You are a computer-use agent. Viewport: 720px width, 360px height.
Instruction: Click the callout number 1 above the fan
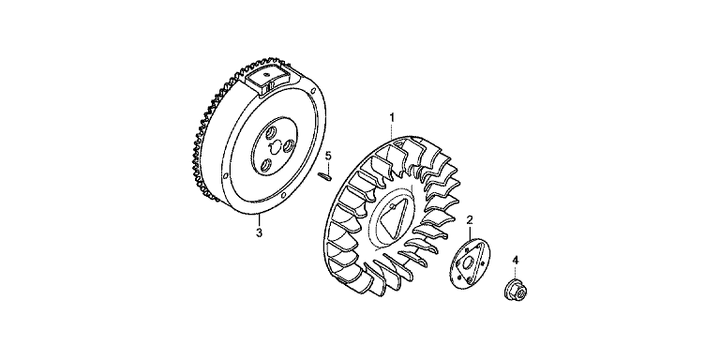coord(392,117)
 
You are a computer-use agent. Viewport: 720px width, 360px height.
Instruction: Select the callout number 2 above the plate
coord(470,220)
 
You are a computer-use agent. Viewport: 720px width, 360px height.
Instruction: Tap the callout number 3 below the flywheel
coord(260,232)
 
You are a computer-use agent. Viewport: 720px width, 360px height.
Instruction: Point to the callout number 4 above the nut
coord(516,261)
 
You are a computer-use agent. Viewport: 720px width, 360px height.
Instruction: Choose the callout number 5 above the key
coord(328,156)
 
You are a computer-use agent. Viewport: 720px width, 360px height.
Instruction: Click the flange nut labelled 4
coord(516,291)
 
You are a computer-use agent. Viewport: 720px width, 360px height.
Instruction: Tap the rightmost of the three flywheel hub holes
coord(290,146)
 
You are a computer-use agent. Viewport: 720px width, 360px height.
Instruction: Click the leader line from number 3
coord(260,220)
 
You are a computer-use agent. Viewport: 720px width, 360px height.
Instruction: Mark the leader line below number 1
coord(392,131)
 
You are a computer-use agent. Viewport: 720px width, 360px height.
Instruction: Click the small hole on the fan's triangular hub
coord(391,206)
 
